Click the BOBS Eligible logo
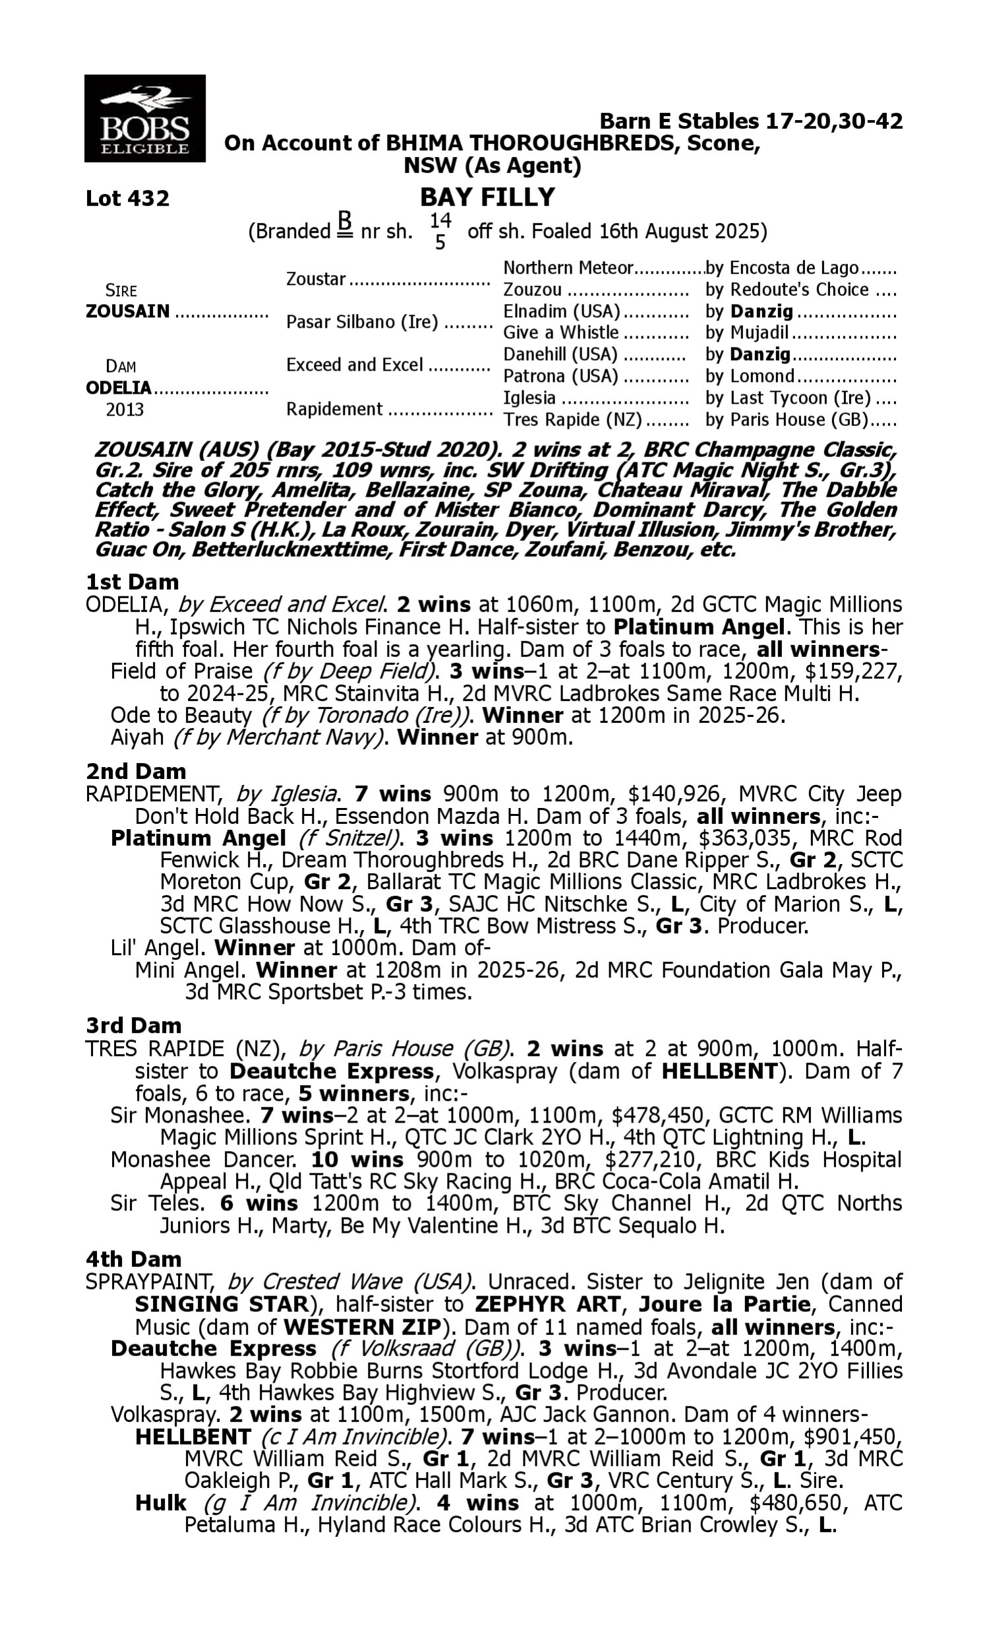pyautogui.click(x=144, y=119)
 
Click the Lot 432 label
pyautogui.click(x=127, y=199)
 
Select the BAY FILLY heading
pyautogui.click(x=487, y=197)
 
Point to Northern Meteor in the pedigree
pyautogui.click(x=567, y=268)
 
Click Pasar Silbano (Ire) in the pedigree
pyautogui.click(x=362, y=322)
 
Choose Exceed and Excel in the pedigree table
pyautogui.click(x=355, y=365)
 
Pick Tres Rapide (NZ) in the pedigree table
pyautogui.click(x=572, y=420)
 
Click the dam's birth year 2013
pyautogui.click(x=125, y=409)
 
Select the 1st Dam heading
pyautogui.click(x=132, y=582)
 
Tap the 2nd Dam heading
pyautogui.click(x=135, y=771)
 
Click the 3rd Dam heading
pyautogui.click(x=133, y=1026)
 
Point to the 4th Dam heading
pyautogui.click(x=133, y=1259)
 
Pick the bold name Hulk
pyautogui.click(x=161, y=1503)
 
